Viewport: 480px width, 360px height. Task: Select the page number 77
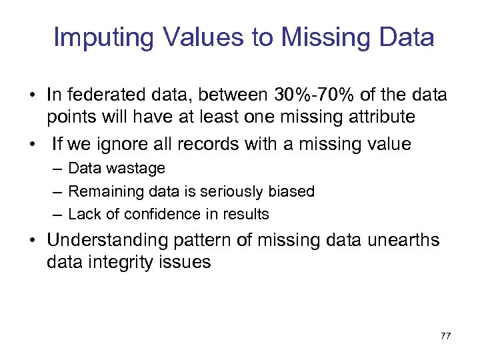tap(445, 336)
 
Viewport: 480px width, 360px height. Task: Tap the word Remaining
tap(100, 191)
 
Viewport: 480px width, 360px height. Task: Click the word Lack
tap(82, 214)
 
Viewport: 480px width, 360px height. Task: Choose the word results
tap(247, 214)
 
